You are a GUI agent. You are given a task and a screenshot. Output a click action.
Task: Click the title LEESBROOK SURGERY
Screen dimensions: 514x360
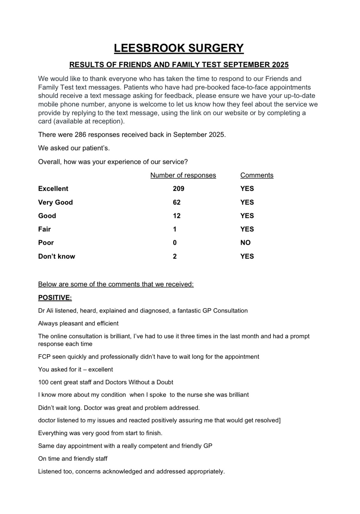[179, 48]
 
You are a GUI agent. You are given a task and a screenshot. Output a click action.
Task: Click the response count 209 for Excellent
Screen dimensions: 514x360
[178, 189]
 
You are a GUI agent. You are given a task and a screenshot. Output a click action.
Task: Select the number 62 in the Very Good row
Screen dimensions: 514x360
[176, 202]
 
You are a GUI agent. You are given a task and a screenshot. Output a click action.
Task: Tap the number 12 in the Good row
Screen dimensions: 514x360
[176, 216]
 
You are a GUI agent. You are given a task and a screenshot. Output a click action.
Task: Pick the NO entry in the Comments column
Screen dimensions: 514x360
[246, 243]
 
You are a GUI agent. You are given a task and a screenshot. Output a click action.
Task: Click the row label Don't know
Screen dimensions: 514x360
[57, 256]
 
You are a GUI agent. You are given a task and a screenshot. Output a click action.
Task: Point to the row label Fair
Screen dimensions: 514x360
[44, 229]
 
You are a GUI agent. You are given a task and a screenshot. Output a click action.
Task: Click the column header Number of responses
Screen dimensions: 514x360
[183, 175]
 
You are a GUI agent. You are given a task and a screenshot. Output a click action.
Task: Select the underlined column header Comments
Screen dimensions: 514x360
[257, 175]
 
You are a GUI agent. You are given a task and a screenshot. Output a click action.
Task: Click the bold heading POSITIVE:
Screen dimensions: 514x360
[55, 298]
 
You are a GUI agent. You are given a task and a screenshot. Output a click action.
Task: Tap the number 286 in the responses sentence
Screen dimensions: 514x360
[80, 135]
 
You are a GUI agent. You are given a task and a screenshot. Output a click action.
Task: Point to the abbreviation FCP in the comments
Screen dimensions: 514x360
[44, 357]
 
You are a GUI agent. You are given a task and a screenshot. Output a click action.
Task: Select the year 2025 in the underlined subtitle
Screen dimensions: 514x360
[280, 65]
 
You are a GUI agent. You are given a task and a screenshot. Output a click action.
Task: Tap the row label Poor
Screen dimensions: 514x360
[46, 243]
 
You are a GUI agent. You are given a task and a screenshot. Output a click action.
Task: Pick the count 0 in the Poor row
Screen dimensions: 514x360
[175, 243]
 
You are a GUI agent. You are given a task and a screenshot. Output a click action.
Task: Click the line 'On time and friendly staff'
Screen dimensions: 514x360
[73, 459]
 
